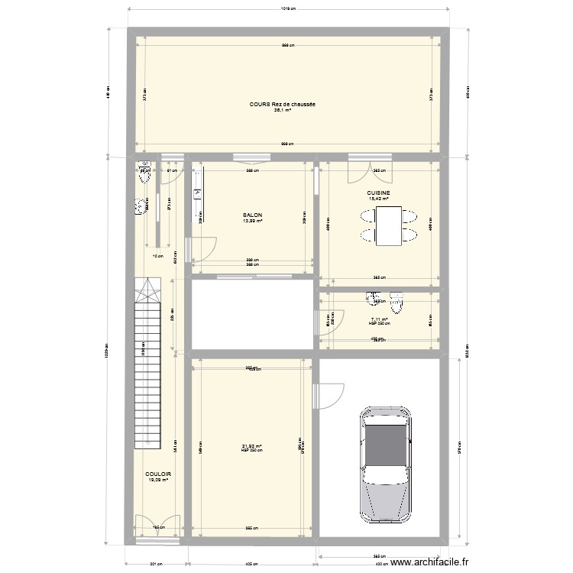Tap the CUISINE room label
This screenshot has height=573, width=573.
click(x=379, y=193)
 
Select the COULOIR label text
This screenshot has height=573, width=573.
click(x=158, y=474)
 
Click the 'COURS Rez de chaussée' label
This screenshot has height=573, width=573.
click(x=283, y=105)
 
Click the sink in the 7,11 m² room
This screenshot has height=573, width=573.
click(x=372, y=297)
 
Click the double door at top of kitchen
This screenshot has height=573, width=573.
click(x=359, y=170)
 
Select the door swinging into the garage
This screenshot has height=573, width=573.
click(x=327, y=396)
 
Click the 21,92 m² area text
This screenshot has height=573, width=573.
click(x=251, y=447)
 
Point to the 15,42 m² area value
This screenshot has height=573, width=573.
click(x=379, y=199)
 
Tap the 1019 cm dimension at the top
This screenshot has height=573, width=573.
click(x=287, y=10)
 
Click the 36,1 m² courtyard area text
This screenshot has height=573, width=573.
click(x=283, y=110)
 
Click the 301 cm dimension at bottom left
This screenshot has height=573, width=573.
click(x=154, y=564)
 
